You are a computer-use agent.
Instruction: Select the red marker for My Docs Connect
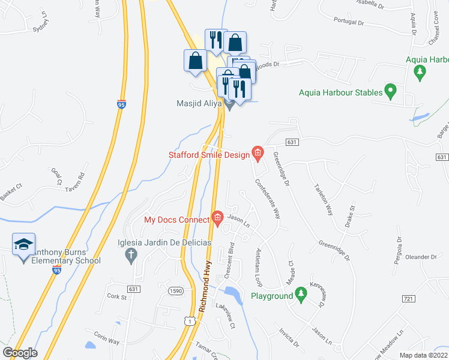[217, 217]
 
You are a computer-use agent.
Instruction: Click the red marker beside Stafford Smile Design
[258, 153]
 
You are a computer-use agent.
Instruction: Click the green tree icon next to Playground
[302, 294]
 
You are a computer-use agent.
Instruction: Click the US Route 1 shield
[190, 320]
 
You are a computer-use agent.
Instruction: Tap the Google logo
[19, 353]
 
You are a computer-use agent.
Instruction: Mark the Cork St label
[117, 296]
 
